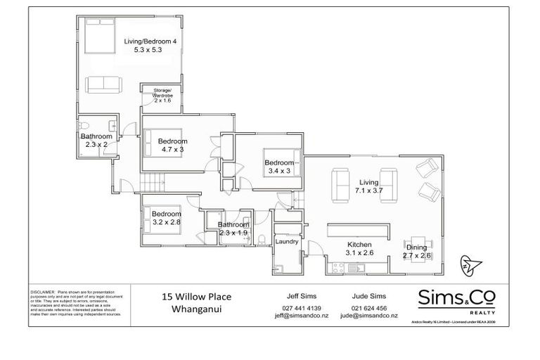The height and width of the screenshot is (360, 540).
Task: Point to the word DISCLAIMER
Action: (44, 290)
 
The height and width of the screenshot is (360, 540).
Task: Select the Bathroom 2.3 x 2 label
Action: (92, 140)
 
